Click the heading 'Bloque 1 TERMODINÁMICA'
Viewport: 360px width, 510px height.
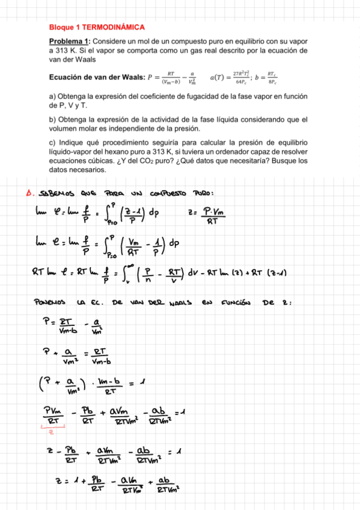96,28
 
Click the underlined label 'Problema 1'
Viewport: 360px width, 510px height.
69,41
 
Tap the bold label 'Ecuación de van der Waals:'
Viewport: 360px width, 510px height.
97,77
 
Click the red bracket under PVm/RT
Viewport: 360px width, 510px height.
53,429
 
